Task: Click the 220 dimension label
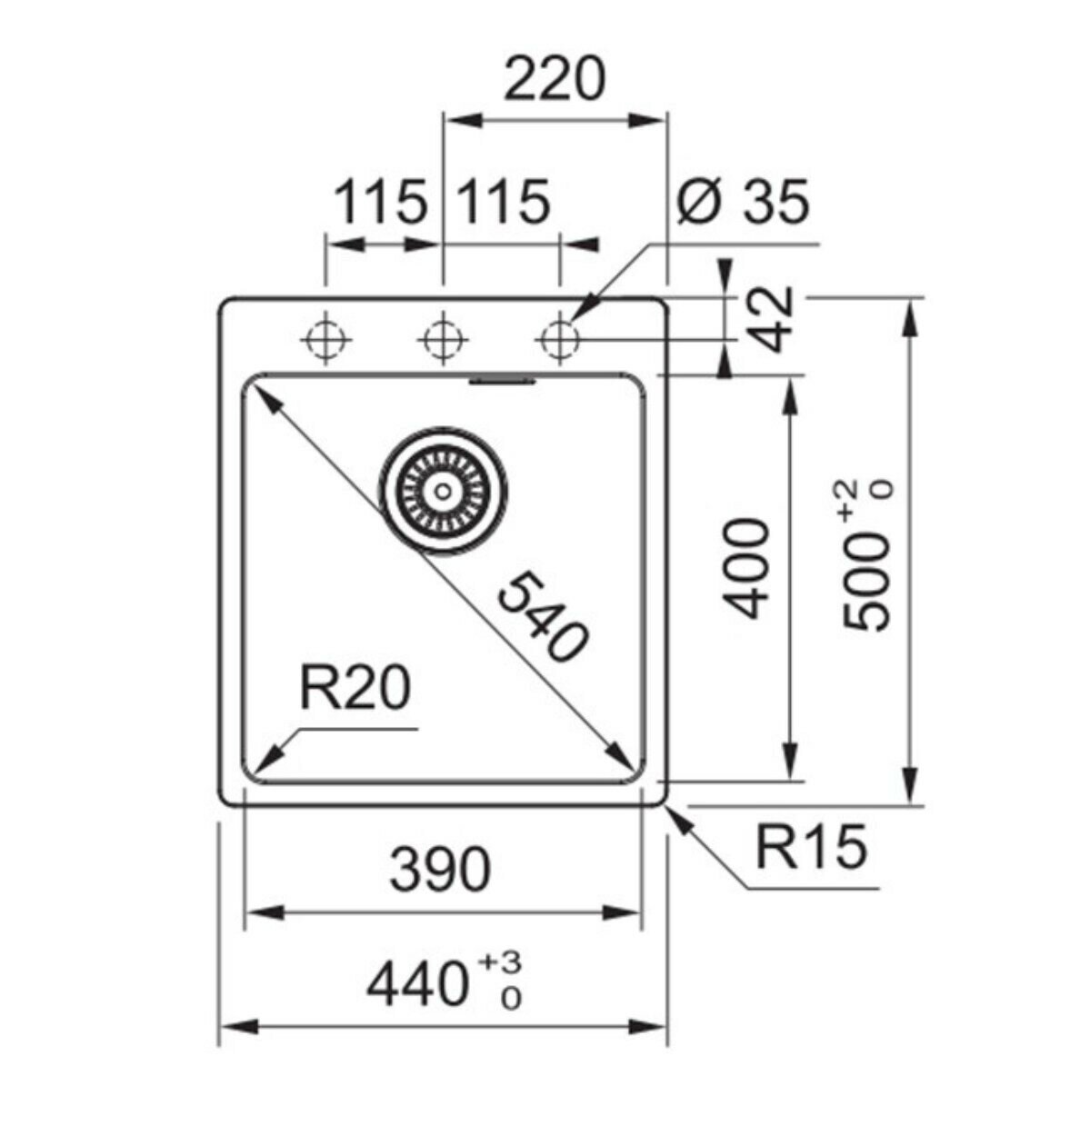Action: click(555, 79)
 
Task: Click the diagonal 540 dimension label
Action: click(542, 617)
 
